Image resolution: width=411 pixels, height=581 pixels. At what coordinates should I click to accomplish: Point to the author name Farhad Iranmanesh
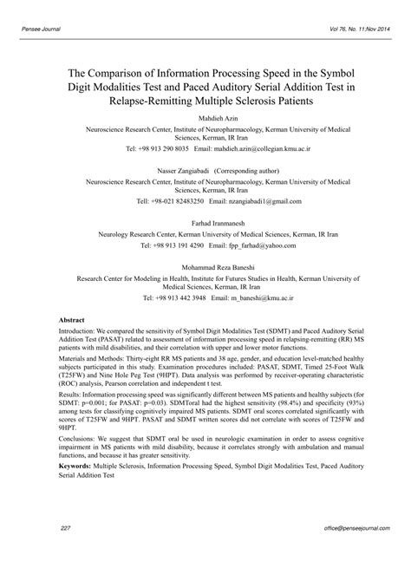coord(205,224)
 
